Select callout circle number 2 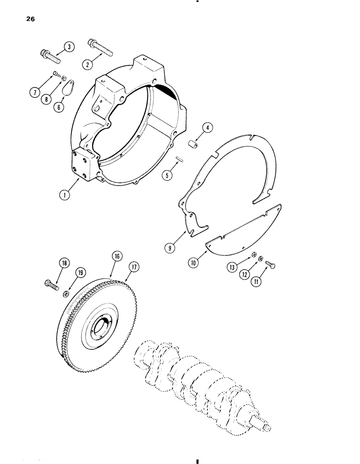86,64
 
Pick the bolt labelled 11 270,265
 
